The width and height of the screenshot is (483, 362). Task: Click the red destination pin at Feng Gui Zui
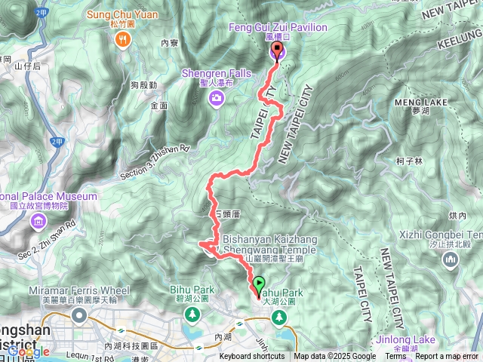(x=277, y=51)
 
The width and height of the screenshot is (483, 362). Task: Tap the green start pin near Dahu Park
(x=260, y=286)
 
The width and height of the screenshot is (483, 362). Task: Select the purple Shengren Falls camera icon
(x=217, y=98)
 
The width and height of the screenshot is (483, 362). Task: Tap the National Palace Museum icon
(x=37, y=222)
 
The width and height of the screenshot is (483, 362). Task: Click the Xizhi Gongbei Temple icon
(x=451, y=259)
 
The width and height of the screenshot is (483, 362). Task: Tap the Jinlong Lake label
(x=400, y=339)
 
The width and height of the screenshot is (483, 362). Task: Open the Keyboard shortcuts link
(x=252, y=357)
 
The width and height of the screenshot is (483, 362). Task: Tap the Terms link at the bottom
(x=396, y=357)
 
